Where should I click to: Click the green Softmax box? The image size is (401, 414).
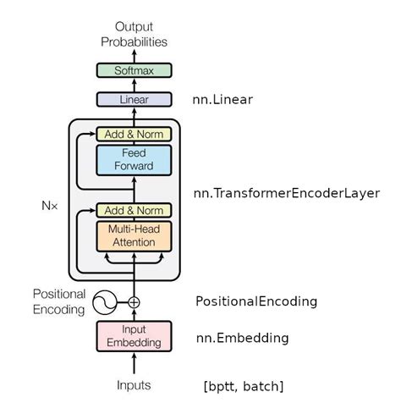[x=134, y=70]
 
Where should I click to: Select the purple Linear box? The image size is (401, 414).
[x=134, y=99]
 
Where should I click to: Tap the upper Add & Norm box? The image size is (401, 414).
[x=134, y=134]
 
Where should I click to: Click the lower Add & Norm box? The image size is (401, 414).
[x=134, y=210]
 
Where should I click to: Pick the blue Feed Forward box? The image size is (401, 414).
[x=134, y=160]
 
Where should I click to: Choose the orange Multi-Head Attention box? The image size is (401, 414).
[x=134, y=236]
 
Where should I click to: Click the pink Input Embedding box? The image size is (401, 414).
[x=134, y=336]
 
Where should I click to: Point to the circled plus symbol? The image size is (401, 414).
[x=134, y=302]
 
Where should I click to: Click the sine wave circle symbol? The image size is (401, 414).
[x=104, y=302]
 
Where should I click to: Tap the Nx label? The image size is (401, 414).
[x=50, y=206]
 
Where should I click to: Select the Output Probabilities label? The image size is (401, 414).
[x=134, y=35]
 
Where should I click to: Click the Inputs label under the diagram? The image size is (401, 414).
[x=134, y=385]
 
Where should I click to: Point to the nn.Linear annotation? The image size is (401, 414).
[x=222, y=100]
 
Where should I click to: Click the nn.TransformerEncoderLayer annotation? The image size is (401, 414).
[x=287, y=193]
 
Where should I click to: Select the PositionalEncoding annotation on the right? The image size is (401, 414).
[x=256, y=301]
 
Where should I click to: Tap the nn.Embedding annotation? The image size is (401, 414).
[x=243, y=338]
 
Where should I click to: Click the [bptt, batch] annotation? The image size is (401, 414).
[x=244, y=386]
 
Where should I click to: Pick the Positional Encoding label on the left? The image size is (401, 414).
[x=59, y=301]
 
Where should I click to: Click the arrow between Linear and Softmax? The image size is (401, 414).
[x=135, y=86]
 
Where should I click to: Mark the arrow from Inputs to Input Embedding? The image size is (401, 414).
[x=135, y=364]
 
